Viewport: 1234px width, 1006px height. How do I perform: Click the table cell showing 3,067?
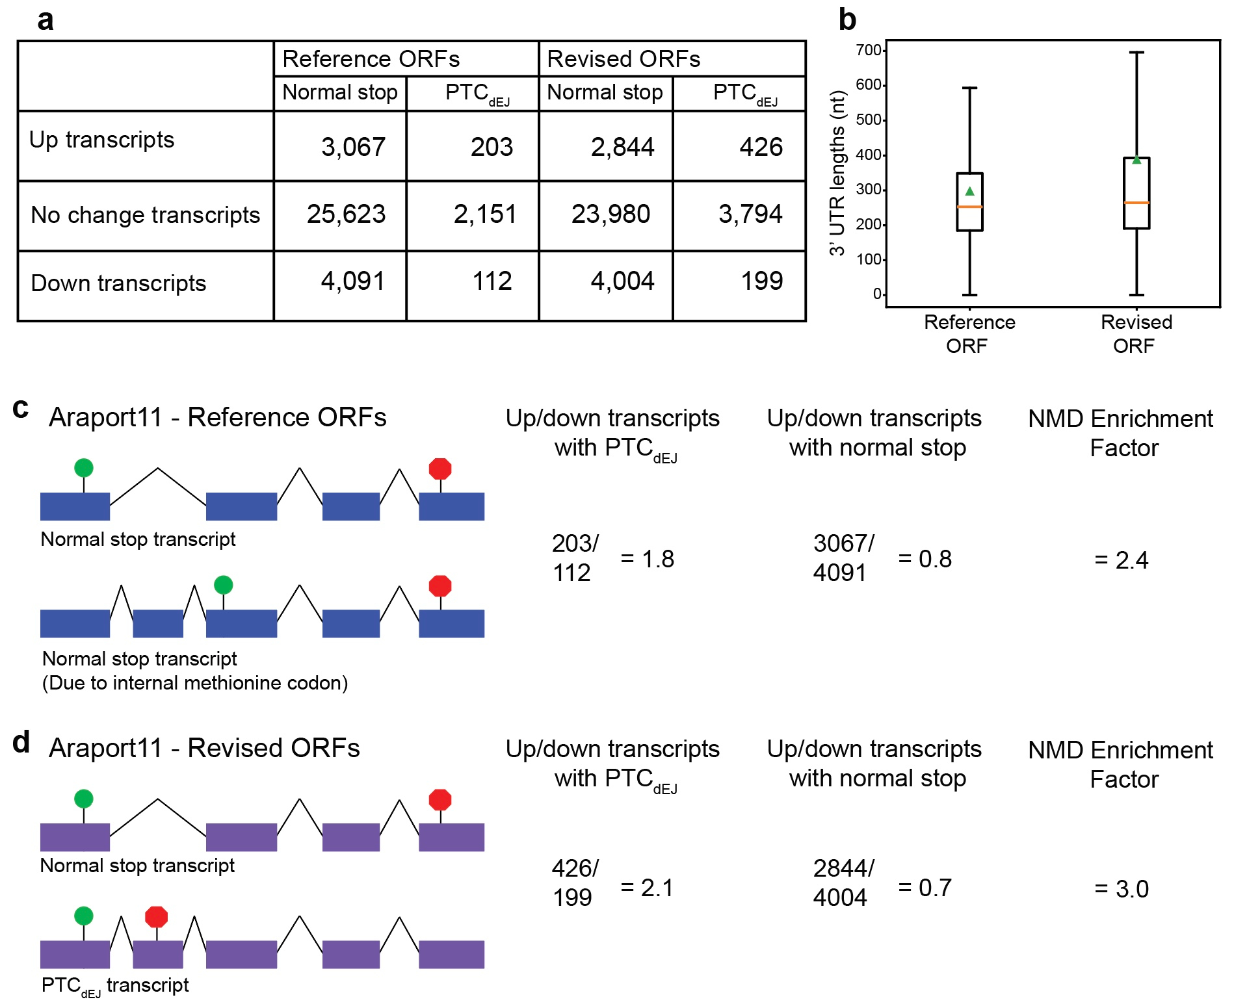[x=353, y=147]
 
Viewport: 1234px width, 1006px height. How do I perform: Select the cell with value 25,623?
[x=346, y=214]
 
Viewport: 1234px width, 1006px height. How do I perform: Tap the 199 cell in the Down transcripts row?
[x=761, y=281]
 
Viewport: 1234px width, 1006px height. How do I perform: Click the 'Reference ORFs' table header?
[x=371, y=59]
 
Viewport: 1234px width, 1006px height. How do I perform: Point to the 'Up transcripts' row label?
[x=102, y=140]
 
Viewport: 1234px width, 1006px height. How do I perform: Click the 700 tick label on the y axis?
[x=868, y=50]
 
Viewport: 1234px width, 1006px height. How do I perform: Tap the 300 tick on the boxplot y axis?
[x=868, y=189]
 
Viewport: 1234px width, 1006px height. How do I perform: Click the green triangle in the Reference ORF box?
[x=969, y=191]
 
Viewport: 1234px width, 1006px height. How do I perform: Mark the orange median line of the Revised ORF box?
[x=1136, y=203]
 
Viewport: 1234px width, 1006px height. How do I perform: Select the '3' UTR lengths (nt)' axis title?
[x=837, y=173]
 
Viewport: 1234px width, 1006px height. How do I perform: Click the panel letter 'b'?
[x=847, y=19]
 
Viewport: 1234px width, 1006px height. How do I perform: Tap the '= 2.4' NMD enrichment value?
[x=1122, y=560]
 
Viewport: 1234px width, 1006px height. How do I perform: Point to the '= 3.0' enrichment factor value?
[x=1122, y=889]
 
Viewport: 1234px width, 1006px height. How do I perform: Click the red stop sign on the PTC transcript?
[x=156, y=917]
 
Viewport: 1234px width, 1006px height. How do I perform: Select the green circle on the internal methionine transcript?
[x=223, y=585]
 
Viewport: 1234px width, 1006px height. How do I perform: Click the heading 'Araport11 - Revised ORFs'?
[x=204, y=748]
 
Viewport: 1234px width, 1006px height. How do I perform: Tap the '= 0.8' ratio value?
[x=925, y=559]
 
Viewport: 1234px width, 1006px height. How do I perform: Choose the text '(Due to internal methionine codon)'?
[x=195, y=683]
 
